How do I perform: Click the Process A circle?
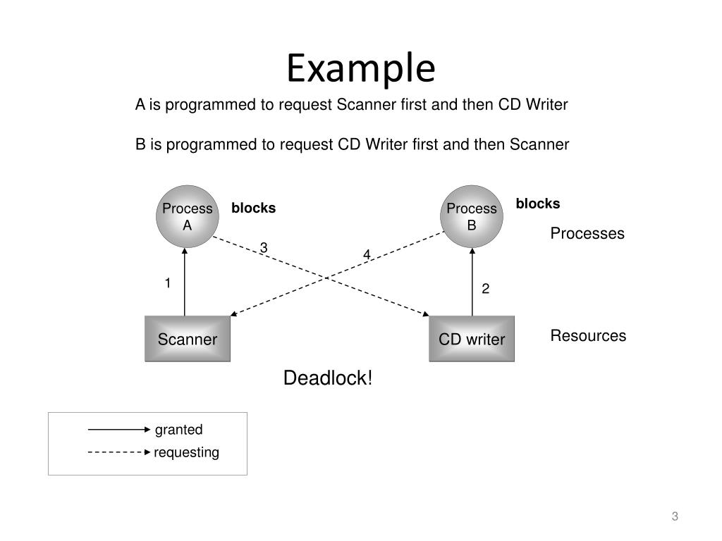(x=188, y=216)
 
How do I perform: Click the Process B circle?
(x=472, y=216)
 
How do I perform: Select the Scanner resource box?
(x=188, y=339)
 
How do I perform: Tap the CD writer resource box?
(x=472, y=339)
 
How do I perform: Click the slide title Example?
(x=361, y=69)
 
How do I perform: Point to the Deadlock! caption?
(x=327, y=378)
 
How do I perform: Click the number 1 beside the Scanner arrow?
(x=168, y=283)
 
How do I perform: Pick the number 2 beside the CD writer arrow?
(x=485, y=288)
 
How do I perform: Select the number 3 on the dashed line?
(x=264, y=247)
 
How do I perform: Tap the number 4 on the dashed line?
(x=367, y=254)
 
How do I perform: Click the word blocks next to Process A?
(x=253, y=208)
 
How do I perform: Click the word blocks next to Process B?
(x=538, y=204)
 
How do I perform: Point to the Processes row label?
(x=587, y=233)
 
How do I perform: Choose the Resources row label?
(x=588, y=336)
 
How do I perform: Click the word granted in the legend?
(x=178, y=430)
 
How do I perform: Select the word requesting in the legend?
(x=186, y=452)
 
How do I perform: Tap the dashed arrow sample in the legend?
(x=119, y=452)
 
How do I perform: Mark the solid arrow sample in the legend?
(x=119, y=430)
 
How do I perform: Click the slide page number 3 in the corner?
(x=675, y=516)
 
